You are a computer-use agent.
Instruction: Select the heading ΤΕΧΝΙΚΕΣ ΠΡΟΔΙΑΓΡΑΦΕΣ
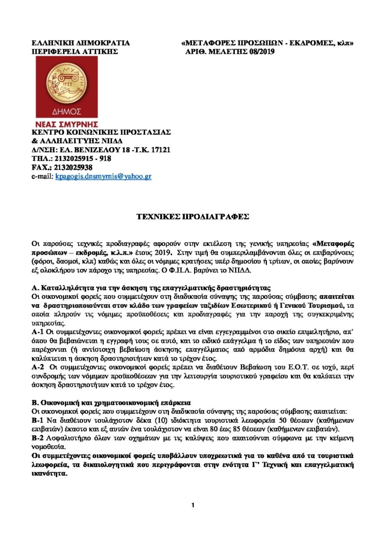pyautogui.click(x=190, y=216)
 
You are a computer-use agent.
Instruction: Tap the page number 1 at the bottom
pyautogui.click(x=193, y=505)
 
